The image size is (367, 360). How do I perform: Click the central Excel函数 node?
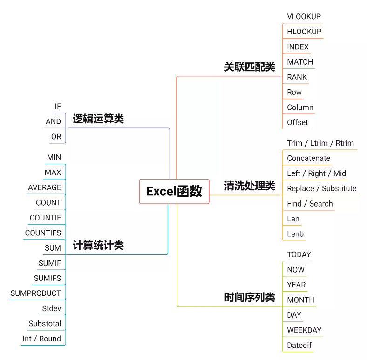coord(174,191)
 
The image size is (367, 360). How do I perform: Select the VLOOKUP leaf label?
coord(304,17)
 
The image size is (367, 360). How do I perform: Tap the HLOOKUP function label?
coord(304,32)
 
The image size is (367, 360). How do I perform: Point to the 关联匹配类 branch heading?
coord(250,67)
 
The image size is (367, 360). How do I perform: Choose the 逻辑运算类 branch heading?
coord(98,119)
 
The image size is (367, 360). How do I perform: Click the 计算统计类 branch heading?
coord(98,246)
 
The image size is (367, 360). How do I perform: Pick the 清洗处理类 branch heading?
coord(250,187)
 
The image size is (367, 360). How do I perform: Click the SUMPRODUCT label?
coord(36,293)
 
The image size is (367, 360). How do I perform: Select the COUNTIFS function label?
coord(43,233)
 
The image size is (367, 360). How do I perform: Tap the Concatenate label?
coord(308,159)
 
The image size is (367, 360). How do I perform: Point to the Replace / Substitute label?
coord(322,189)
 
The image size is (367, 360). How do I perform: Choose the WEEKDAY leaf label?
coord(304,331)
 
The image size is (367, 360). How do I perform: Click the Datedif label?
coord(299,346)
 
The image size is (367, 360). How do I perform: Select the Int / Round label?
coord(42,339)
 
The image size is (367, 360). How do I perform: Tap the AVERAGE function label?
coord(45,188)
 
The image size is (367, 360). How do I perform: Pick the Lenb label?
coord(295,234)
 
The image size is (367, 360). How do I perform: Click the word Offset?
coord(298,122)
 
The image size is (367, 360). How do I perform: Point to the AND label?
coord(54,121)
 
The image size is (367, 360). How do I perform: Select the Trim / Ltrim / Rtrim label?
coord(320,143)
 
